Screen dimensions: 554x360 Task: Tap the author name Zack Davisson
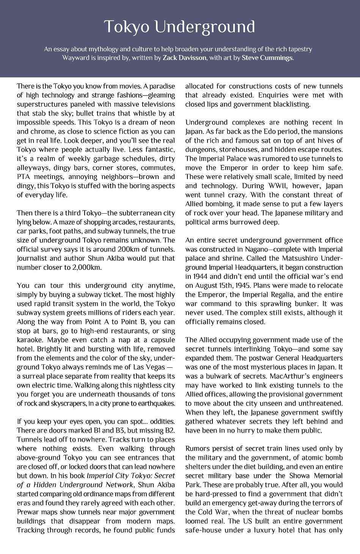(x=184, y=58)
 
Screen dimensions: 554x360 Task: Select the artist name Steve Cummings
(x=267, y=58)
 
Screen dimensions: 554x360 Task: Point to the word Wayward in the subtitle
(x=74, y=58)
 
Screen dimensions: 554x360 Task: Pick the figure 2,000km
(x=86, y=268)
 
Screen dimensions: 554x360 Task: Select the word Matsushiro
(x=297, y=258)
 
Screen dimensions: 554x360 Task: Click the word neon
(x=167, y=123)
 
